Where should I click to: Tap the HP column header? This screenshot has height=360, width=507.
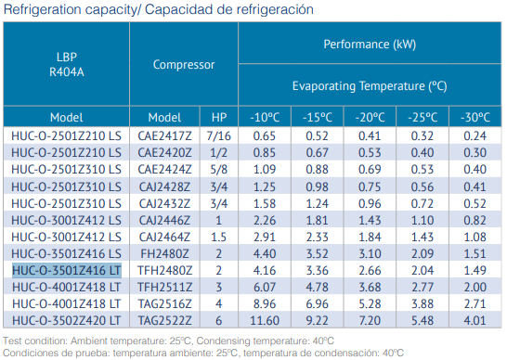pyautogui.click(x=218, y=117)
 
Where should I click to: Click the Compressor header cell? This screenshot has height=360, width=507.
pyautogui.click(x=184, y=65)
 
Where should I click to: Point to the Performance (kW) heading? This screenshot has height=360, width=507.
pyautogui.click(x=370, y=45)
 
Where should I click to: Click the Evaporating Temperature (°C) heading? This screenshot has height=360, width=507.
pyautogui.click(x=370, y=85)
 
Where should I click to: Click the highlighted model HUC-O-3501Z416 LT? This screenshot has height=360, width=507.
pyautogui.click(x=67, y=270)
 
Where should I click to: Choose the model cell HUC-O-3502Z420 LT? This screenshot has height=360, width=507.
pyautogui.click(x=67, y=319)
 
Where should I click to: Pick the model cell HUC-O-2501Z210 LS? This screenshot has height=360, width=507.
pyautogui.click(x=67, y=135)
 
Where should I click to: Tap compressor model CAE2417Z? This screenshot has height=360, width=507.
pyautogui.click(x=164, y=135)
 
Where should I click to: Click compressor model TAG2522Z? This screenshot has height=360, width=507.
pyautogui.click(x=164, y=319)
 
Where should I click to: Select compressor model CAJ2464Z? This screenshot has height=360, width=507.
pyautogui.click(x=164, y=237)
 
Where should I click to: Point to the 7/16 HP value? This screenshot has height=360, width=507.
pyautogui.click(x=218, y=135)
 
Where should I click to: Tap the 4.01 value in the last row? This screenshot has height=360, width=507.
pyautogui.click(x=475, y=319)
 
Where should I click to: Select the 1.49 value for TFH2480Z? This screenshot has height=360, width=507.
pyautogui.click(x=475, y=270)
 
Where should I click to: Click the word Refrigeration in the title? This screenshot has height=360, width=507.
pyautogui.click(x=40, y=8)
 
